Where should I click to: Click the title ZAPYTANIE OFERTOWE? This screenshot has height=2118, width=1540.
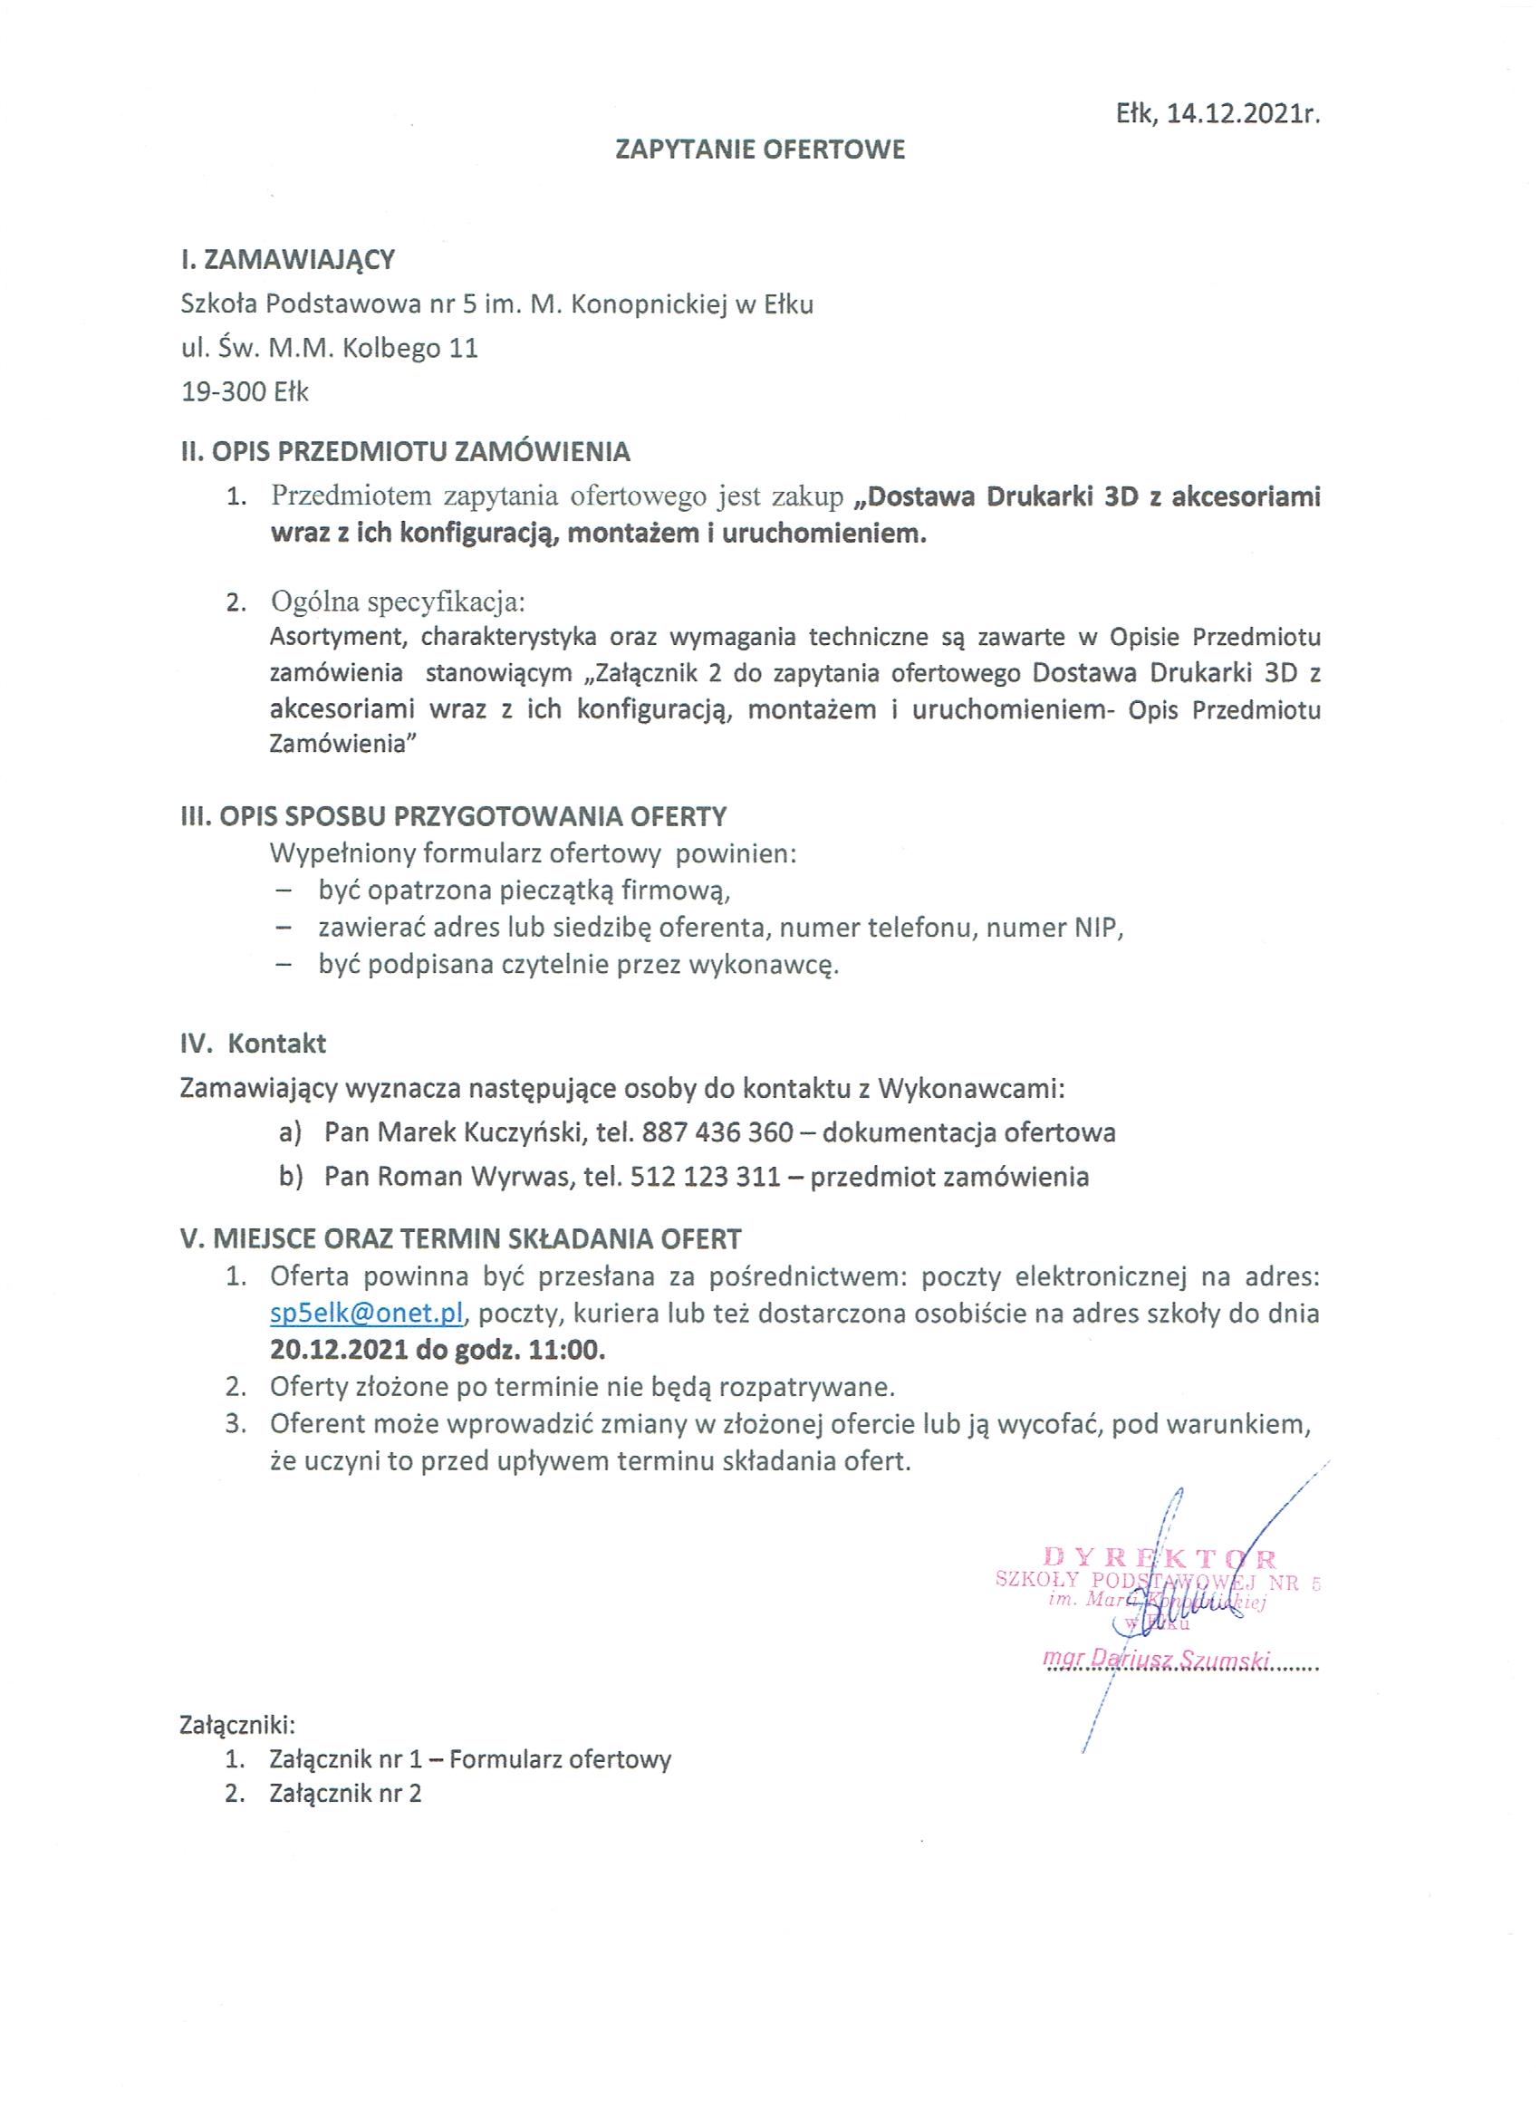click(760, 150)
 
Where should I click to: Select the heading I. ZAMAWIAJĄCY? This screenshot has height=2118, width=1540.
click(288, 259)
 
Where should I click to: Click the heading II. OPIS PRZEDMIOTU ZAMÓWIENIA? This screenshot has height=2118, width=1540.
click(405, 453)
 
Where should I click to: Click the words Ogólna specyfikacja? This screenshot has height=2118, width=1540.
click(398, 602)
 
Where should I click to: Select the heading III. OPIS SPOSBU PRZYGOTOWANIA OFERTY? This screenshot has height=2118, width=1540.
click(453, 816)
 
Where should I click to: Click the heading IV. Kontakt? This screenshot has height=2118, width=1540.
click(253, 1043)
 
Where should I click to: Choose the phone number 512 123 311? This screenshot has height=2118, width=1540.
click(705, 1176)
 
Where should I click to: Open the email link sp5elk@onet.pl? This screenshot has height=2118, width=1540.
click(367, 1313)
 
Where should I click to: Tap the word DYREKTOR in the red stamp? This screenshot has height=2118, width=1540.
click(1159, 1556)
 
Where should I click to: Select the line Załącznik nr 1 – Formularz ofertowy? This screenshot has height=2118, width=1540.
click(470, 1760)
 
